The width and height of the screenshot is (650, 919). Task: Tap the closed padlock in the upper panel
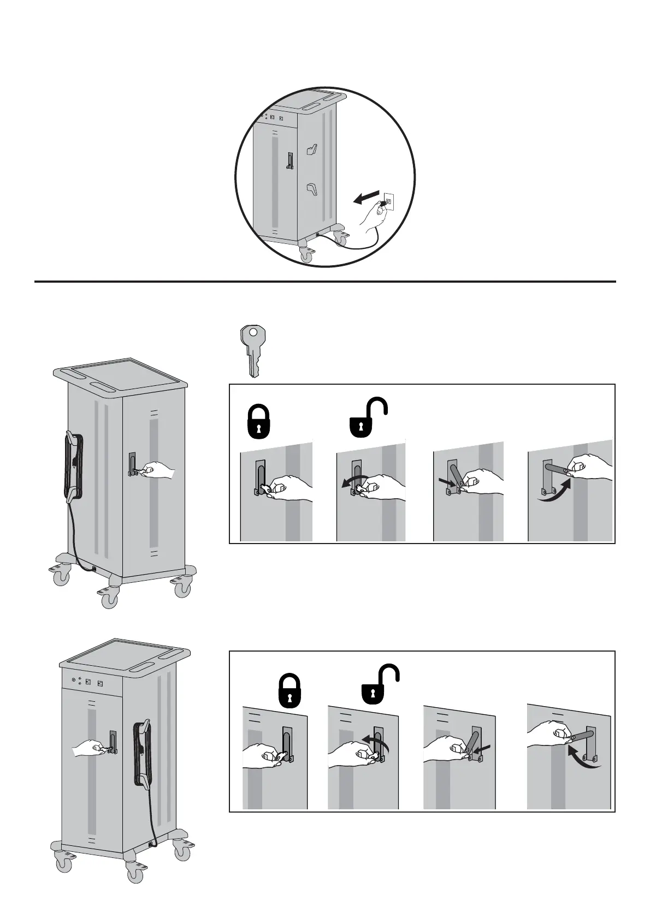[259, 421]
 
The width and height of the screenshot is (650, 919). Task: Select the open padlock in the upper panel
[368, 418]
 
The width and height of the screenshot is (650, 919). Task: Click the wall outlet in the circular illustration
[388, 200]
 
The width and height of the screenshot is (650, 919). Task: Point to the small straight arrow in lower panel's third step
[484, 747]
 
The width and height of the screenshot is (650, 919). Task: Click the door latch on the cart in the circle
[290, 160]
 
